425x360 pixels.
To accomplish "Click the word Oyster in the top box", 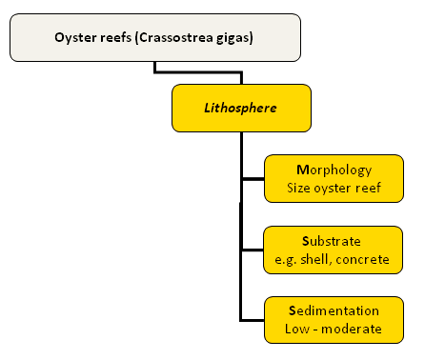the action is [75, 38].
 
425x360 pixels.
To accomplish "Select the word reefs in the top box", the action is [115, 37].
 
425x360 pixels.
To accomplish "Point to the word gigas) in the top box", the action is [234, 38].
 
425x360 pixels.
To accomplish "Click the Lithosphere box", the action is [241, 108].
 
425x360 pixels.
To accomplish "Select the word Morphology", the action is [334, 170].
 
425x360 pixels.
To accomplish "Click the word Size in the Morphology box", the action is [298, 188].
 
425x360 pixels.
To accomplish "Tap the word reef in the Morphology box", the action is [368, 188].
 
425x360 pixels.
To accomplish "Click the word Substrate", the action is [332, 241].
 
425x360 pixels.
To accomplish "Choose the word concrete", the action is [362, 260].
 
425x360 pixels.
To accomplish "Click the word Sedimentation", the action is [334, 310].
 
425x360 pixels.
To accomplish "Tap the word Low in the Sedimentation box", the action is [297, 329].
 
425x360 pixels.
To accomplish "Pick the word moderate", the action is [352, 329].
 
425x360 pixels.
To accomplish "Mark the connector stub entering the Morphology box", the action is [253, 179].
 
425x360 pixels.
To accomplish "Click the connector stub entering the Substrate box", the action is [253, 250].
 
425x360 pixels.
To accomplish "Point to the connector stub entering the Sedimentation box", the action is [253, 320].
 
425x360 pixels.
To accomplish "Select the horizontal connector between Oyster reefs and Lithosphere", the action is [198, 72].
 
